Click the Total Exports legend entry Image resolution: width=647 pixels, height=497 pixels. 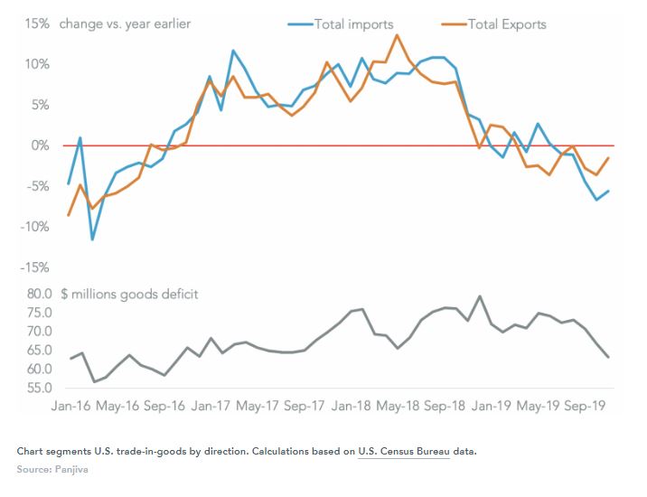tap(506, 24)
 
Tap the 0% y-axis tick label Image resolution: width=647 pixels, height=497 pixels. tap(38, 145)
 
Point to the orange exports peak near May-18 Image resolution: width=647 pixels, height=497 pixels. tap(397, 35)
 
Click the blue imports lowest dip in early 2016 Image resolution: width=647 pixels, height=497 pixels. tap(92, 239)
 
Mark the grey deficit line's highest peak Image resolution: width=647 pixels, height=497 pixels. tap(479, 296)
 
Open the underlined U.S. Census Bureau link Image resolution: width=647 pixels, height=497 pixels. tap(405, 451)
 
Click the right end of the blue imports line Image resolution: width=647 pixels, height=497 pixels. tap(608, 191)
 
